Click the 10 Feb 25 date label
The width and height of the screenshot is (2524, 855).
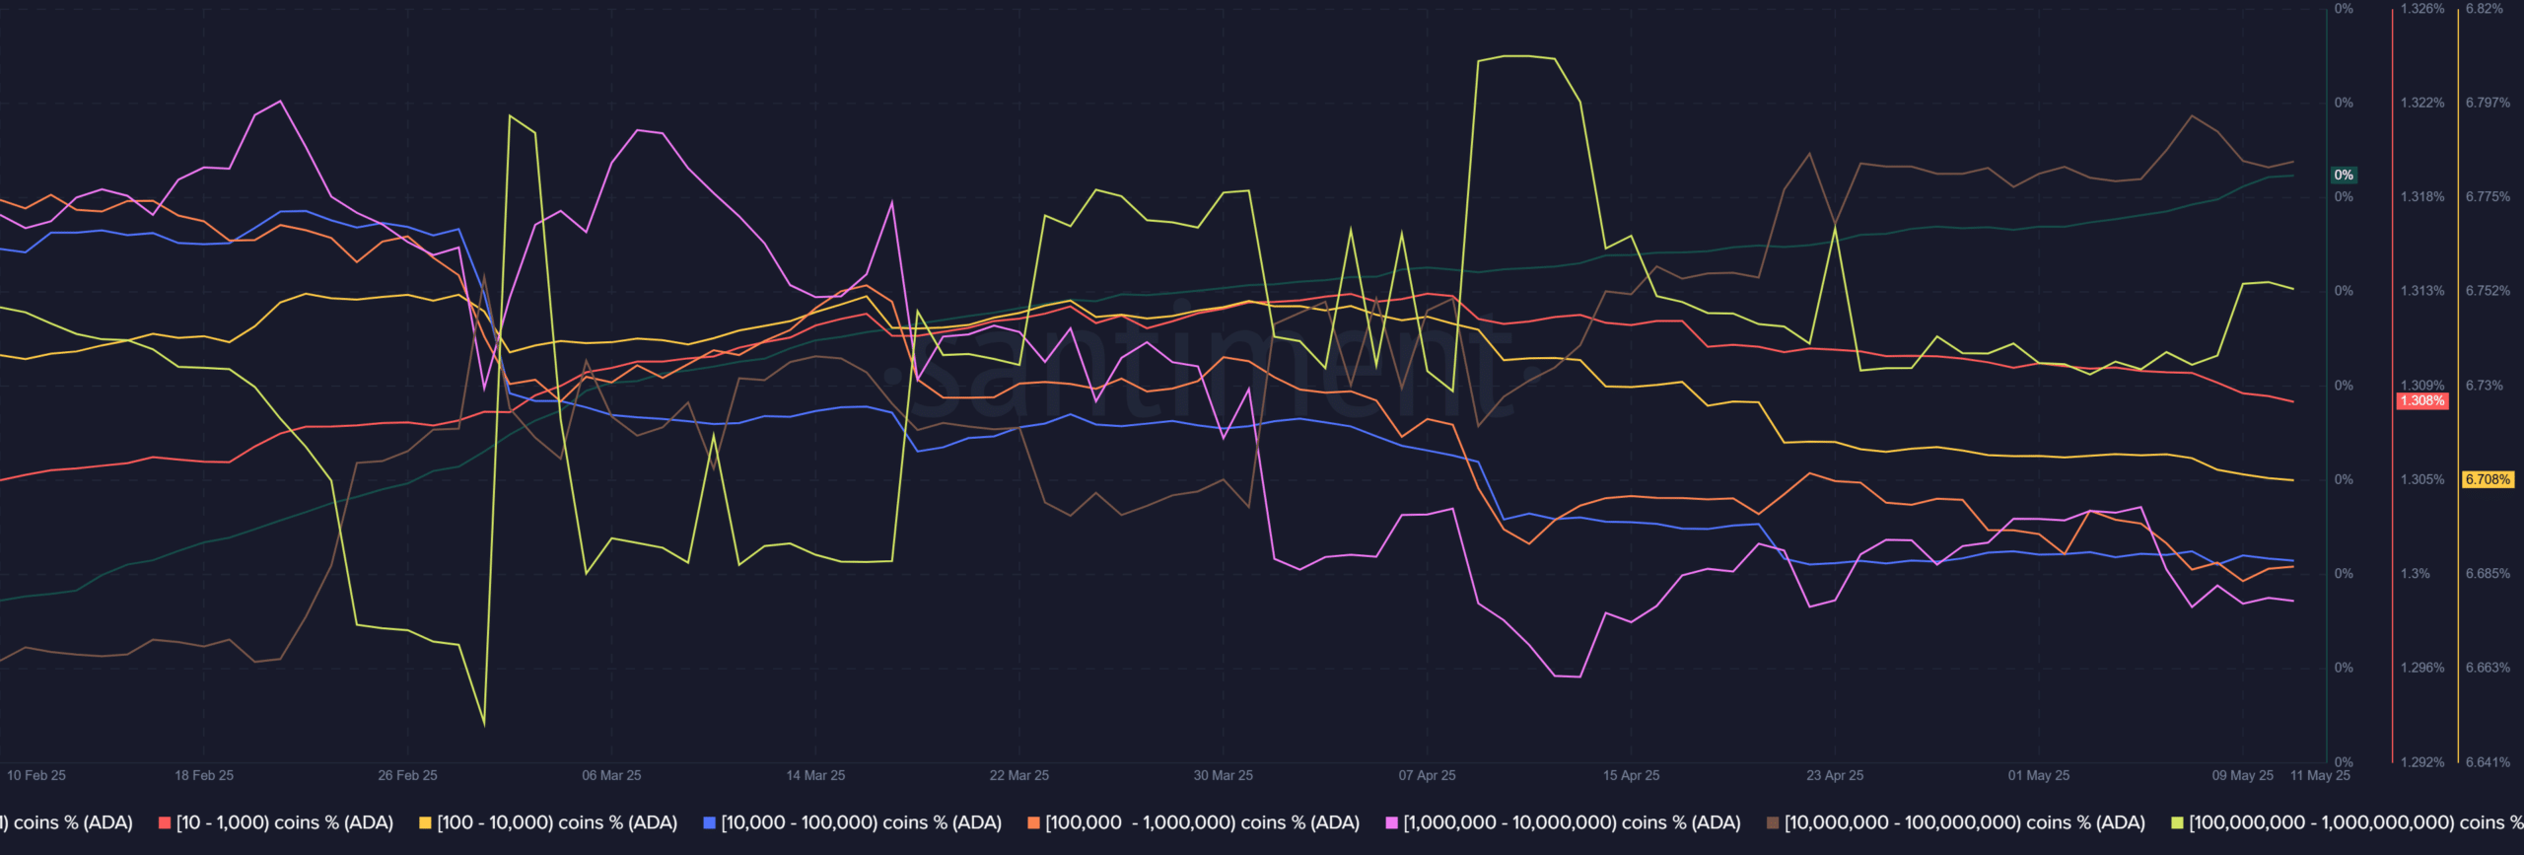(36, 775)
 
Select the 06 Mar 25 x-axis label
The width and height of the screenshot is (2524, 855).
(611, 775)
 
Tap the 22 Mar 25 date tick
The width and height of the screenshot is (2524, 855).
(1018, 775)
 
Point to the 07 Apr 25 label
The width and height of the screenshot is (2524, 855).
(1427, 775)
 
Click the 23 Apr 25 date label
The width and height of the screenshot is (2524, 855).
(1835, 775)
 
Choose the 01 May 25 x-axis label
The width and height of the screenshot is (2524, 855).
(2039, 775)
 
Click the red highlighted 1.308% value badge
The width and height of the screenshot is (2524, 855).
(2421, 401)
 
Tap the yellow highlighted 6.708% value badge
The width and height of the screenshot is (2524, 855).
(2488, 480)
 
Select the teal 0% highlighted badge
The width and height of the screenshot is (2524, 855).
(2344, 176)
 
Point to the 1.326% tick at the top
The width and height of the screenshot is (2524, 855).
(2421, 9)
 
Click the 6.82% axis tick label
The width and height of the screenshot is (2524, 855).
(2484, 9)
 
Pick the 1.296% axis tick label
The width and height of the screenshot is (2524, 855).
(2421, 668)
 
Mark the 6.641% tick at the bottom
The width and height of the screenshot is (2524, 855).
(2488, 761)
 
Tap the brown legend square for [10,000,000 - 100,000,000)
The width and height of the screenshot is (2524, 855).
(1773, 823)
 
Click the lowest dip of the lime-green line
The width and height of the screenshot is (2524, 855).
(484, 726)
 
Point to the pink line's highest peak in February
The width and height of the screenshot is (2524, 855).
(281, 101)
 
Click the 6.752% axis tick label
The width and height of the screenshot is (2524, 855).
(2488, 291)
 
